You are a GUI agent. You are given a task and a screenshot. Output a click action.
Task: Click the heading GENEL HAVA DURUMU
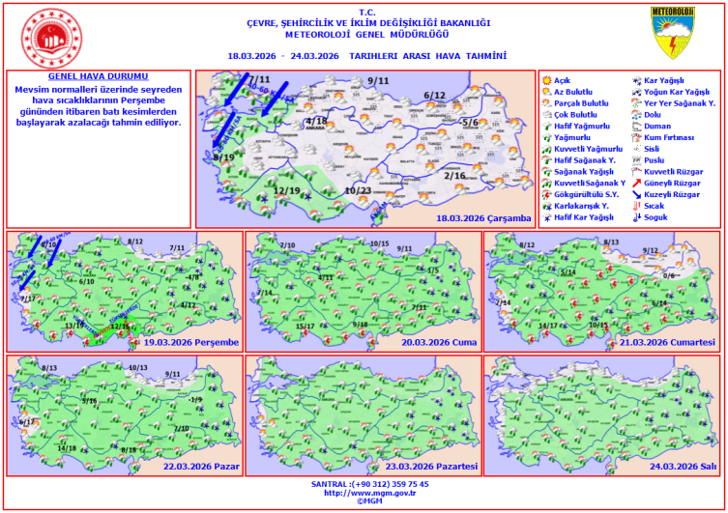click(99, 75)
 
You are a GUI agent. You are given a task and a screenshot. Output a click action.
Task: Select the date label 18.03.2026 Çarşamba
click(483, 218)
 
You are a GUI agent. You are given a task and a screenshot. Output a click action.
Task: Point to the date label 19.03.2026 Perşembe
click(189, 342)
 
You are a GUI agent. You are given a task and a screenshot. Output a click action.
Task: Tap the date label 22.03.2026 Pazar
click(201, 466)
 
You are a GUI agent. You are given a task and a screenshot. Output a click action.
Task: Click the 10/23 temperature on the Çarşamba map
click(358, 190)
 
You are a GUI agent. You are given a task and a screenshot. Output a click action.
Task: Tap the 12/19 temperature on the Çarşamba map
click(287, 190)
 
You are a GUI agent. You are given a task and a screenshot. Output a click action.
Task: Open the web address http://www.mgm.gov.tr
click(369, 493)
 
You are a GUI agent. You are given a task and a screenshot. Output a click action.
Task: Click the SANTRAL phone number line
click(369, 483)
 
